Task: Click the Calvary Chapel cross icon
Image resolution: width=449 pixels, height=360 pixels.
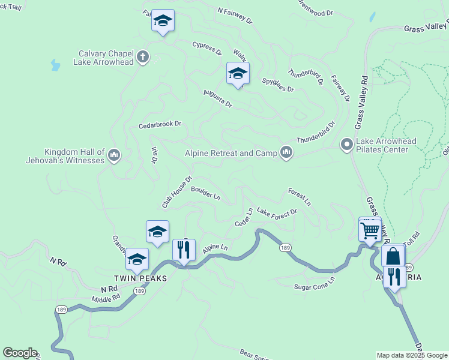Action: click(142, 58)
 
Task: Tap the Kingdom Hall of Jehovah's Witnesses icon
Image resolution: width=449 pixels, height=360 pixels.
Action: click(114, 157)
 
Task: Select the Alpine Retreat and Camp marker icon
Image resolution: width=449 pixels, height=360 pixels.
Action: click(286, 153)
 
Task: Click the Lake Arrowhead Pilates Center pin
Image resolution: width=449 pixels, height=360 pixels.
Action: click(346, 145)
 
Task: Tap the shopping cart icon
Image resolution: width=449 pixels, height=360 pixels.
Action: click(370, 229)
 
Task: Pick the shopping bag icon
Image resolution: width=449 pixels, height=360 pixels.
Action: click(393, 256)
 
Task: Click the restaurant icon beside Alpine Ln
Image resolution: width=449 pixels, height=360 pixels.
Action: click(184, 249)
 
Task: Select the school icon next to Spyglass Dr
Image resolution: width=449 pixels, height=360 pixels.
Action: click(238, 74)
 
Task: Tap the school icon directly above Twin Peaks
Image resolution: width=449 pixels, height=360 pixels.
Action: click(137, 260)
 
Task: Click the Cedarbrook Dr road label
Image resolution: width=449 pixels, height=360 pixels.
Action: click(160, 124)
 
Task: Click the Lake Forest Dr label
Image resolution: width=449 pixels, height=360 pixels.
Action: click(277, 212)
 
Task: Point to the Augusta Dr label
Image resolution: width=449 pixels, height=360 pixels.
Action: click(217, 98)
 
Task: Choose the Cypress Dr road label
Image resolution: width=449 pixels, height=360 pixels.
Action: click(207, 47)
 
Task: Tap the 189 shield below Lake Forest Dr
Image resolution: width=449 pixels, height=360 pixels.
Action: click(286, 247)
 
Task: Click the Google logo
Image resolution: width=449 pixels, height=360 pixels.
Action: click(20, 353)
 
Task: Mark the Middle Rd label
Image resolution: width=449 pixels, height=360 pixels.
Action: click(106, 298)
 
